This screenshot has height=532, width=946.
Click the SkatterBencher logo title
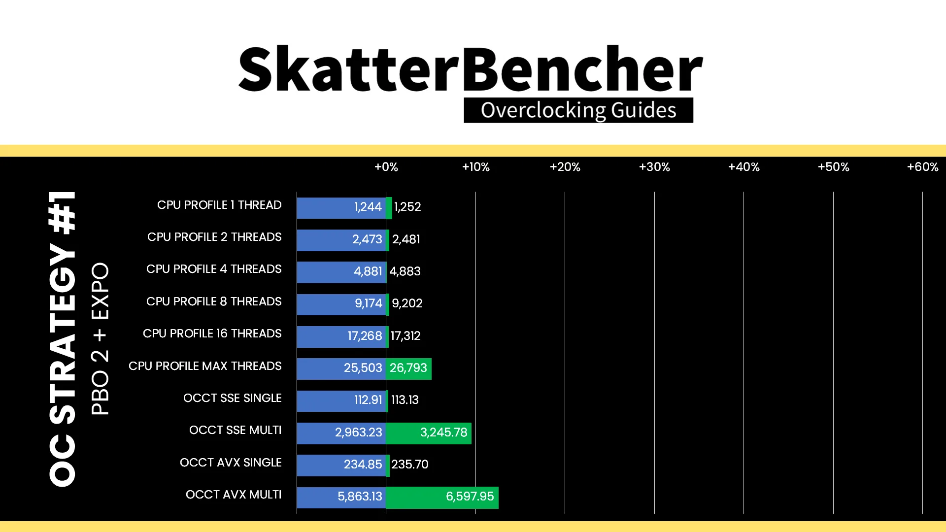coord(471,69)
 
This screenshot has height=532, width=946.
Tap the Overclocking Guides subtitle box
coord(578,110)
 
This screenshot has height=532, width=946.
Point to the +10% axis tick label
coord(476,167)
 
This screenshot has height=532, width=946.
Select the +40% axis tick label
coord(744,167)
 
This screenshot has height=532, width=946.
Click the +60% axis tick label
coord(923,167)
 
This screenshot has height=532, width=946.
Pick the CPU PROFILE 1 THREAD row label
coord(219,205)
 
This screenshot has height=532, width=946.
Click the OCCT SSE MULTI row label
coord(236,430)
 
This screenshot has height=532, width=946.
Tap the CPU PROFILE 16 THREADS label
coord(212,333)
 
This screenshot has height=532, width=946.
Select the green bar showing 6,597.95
coord(442,498)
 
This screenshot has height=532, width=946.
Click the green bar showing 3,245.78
coord(429,433)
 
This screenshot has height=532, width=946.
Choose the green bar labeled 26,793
coord(409,369)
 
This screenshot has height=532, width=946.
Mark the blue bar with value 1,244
coord(341,208)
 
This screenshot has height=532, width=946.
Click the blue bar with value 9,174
coord(341,304)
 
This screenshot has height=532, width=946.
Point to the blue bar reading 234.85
coord(341,465)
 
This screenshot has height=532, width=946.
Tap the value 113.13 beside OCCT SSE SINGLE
coord(405,400)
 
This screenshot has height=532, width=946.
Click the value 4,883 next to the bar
coord(405,271)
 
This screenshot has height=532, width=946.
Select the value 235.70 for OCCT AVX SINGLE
coord(410,465)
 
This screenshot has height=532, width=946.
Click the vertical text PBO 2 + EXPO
coord(100,339)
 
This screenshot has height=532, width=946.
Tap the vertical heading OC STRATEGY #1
coord(63,339)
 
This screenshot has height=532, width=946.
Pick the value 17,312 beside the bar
coord(405,336)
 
